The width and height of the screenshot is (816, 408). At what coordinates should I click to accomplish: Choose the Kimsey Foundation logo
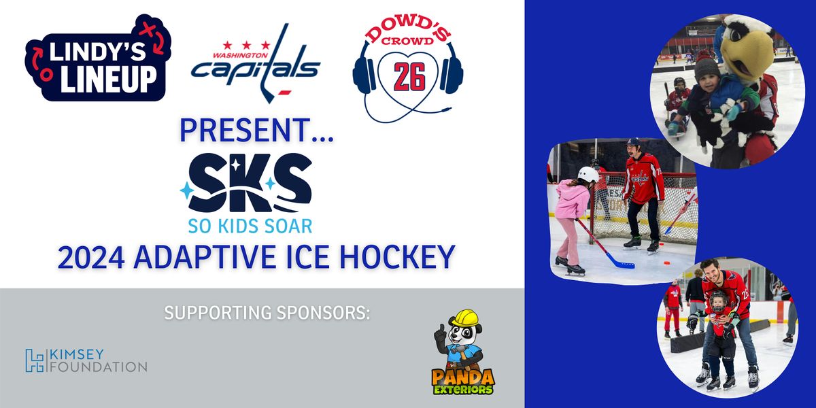[x=86, y=360]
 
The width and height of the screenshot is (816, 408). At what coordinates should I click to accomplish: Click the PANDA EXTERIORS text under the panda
[x=462, y=381]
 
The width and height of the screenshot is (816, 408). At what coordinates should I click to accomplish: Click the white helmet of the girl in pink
[x=588, y=175]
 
